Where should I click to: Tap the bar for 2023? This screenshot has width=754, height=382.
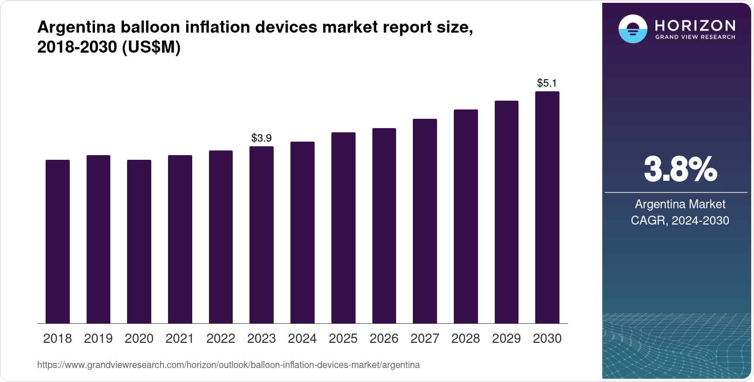[262, 235]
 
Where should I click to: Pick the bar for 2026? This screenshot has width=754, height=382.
[384, 225]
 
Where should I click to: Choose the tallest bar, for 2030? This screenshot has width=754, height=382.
[547, 207]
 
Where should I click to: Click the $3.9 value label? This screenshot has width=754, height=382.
[262, 138]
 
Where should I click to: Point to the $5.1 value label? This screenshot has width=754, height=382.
[547, 83]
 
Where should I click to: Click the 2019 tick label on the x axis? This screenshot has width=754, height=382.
[98, 339]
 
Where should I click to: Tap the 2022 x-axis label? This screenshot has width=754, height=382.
[221, 339]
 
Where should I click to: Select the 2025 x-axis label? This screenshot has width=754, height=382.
[343, 339]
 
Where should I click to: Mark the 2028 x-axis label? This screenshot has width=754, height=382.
[465, 339]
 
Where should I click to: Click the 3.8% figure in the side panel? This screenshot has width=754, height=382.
[680, 170]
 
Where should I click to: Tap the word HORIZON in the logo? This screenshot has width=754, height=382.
[695, 25]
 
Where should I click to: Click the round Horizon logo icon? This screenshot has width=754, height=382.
[633, 29]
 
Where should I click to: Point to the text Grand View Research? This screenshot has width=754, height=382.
[695, 37]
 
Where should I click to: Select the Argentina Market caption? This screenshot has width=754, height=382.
[680, 204]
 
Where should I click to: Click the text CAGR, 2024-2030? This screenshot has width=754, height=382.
[680, 220]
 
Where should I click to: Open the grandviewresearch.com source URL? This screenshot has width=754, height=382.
[229, 365]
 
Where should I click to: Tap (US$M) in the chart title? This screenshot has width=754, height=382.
[151, 47]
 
